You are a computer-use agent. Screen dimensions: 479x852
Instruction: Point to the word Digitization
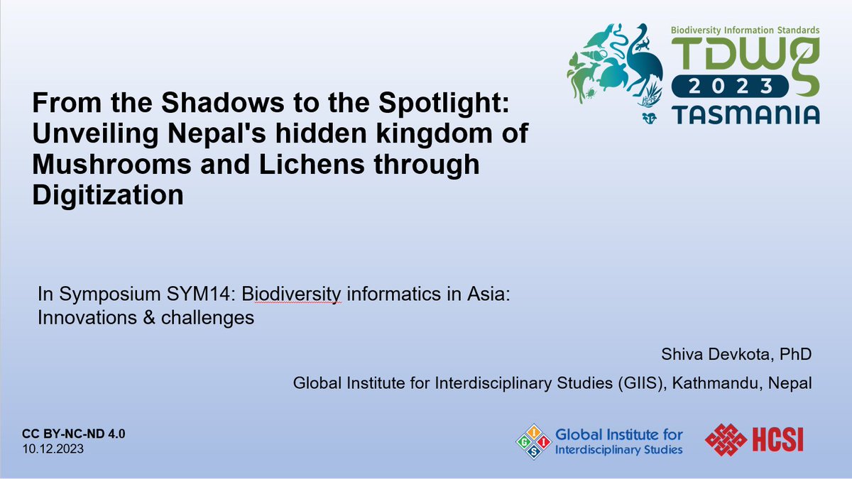tap(108, 194)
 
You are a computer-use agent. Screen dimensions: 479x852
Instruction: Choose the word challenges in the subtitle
tap(206, 317)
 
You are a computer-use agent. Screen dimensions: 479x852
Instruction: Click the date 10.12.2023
tap(53, 449)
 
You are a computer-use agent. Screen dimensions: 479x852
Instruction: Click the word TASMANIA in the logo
tap(745, 113)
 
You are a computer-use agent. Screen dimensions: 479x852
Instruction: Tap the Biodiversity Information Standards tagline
tap(745, 31)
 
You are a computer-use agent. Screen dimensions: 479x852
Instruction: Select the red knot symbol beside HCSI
tap(726, 441)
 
